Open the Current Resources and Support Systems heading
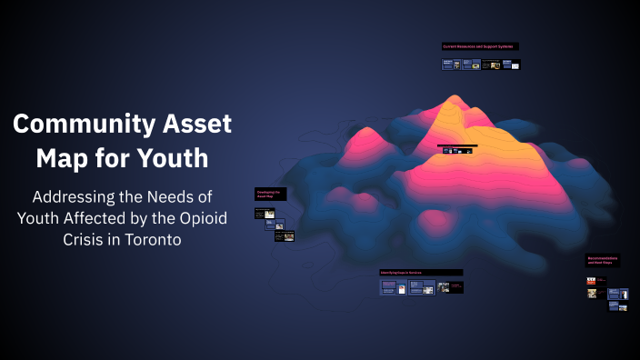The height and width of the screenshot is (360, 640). pos(480,45)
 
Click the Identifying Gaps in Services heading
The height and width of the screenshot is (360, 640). pos(421,272)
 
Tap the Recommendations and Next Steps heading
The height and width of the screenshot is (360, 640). pos(603,260)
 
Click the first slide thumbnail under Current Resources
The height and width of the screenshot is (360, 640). pos(448,65)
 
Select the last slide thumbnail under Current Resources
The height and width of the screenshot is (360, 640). pos(512,65)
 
